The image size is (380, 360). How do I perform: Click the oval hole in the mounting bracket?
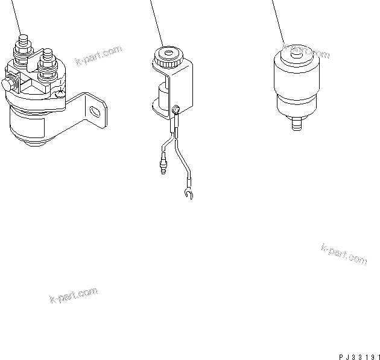tap(95, 111)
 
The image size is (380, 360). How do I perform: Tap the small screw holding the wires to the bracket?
tap(176, 110)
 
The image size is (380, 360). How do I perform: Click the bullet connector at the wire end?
tap(163, 166)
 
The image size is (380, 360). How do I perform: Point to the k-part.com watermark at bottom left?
tap(73, 296)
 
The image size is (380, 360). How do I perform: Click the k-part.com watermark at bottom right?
tap(344, 254)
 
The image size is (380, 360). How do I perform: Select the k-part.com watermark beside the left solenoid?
tap(98, 56)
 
